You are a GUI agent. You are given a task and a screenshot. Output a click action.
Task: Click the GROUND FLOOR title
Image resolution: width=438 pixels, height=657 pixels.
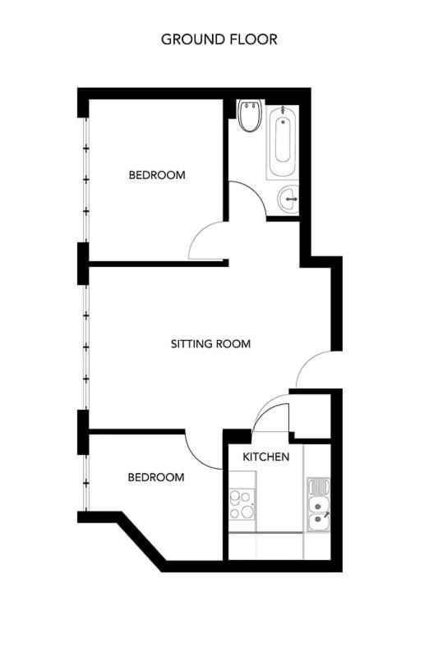tap(219, 39)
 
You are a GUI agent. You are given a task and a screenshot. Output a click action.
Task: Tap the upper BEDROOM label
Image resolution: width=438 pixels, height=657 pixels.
tap(157, 175)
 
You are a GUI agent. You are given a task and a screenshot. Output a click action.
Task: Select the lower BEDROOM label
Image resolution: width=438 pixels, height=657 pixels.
tap(156, 477)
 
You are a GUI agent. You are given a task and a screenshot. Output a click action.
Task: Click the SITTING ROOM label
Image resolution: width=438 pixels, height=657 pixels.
tap(210, 344)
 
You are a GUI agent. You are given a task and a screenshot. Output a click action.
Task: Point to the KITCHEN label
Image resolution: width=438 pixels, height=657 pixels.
tap(265, 457)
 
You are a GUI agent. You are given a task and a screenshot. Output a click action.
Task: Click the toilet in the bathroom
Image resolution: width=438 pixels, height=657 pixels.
tap(250, 115)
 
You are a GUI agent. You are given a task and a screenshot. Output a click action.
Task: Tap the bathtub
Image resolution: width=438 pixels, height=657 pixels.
tap(283, 141)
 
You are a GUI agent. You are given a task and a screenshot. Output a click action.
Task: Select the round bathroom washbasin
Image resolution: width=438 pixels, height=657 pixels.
tap(288, 199)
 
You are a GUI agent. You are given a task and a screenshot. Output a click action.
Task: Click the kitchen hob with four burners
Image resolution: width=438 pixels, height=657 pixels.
tap(242, 505)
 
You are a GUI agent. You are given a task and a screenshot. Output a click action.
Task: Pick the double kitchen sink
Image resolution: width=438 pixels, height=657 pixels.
tap(318, 504)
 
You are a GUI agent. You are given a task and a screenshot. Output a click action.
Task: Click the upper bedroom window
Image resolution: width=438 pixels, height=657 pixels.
tap(86, 180)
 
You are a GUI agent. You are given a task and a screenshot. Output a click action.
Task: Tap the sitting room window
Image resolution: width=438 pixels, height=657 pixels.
tap(86, 347)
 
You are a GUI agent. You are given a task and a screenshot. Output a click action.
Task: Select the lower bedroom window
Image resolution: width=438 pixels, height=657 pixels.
tap(86, 483)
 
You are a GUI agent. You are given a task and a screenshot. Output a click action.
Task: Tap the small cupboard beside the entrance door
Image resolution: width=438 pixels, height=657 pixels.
tap(311, 416)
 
